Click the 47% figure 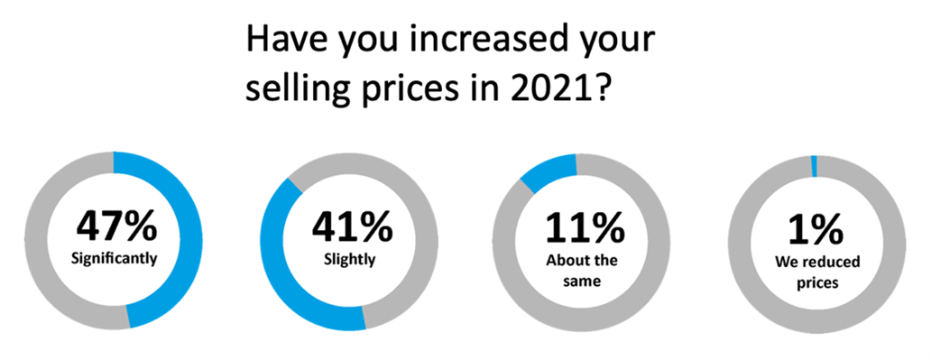tap(115, 226)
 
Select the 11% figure tap(584, 226)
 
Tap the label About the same tap(584, 270)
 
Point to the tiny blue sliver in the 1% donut tap(814, 165)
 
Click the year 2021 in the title tap(553, 91)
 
